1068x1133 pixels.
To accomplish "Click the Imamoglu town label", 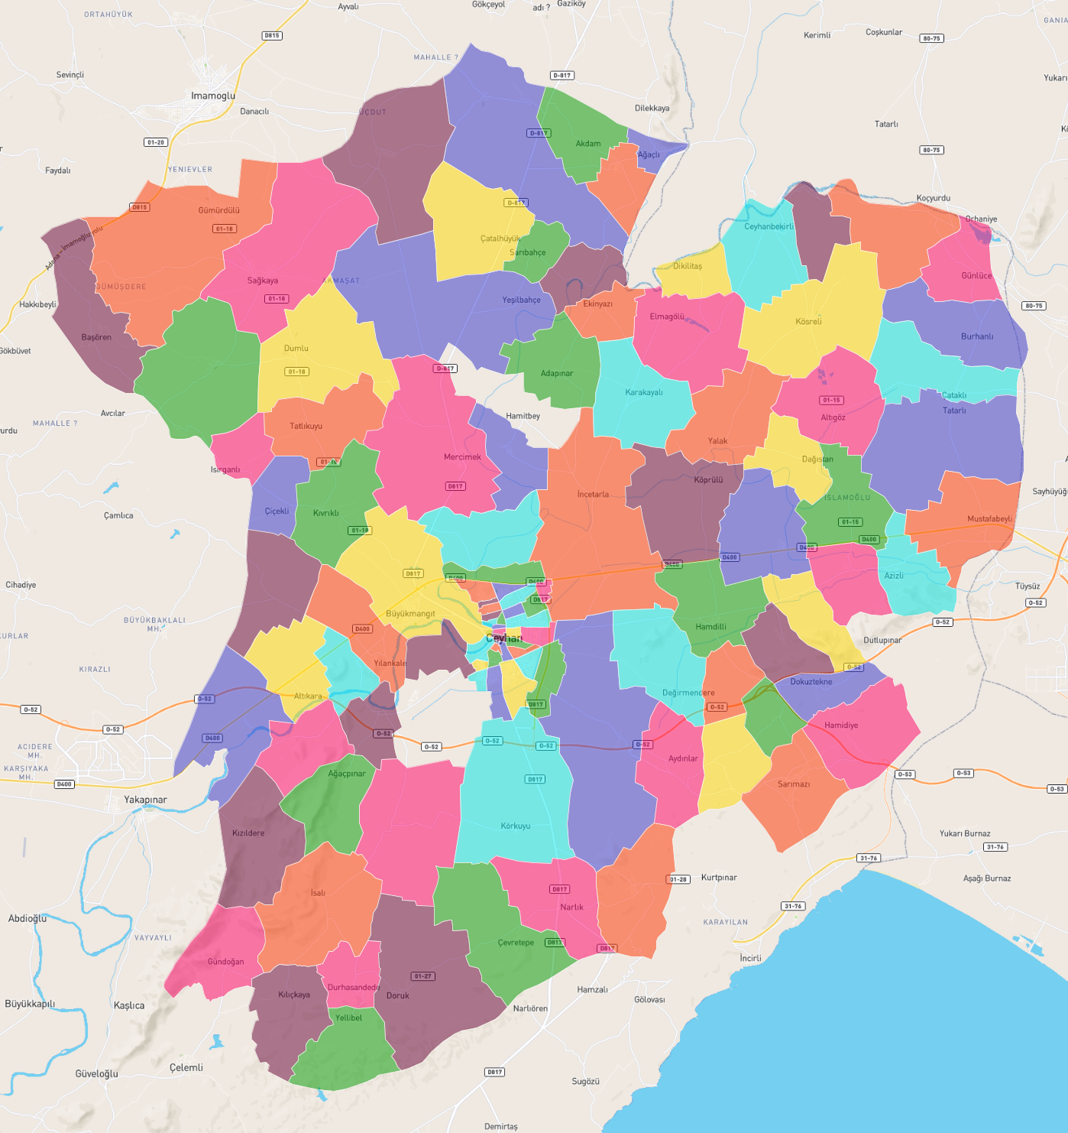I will click(213, 96).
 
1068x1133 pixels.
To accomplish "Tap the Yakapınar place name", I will click(145, 800).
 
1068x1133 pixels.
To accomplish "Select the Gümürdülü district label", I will click(218, 210).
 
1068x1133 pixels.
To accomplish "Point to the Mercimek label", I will click(462, 457).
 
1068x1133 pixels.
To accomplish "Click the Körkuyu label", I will click(515, 826).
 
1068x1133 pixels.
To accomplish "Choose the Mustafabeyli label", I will click(989, 518).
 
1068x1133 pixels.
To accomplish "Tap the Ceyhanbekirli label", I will click(769, 226).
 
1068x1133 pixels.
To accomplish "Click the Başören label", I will click(96, 337).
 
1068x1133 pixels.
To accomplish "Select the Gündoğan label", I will click(225, 962).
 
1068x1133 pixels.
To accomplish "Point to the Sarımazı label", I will click(793, 784).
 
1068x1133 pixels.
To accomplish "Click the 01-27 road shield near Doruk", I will click(422, 976).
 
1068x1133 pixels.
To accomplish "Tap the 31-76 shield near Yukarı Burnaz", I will click(995, 847).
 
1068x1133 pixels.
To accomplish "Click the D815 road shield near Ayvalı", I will click(272, 36).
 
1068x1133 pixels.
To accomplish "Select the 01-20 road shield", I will click(155, 142).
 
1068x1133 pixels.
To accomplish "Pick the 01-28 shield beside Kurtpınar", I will click(678, 879).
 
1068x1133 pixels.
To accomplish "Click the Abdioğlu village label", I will click(28, 918).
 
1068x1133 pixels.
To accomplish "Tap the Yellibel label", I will click(348, 1018).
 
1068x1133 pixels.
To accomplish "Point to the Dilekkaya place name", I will click(652, 108).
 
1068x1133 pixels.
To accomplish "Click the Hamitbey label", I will click(523, 416).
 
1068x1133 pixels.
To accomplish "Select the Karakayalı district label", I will click(643, 392).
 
